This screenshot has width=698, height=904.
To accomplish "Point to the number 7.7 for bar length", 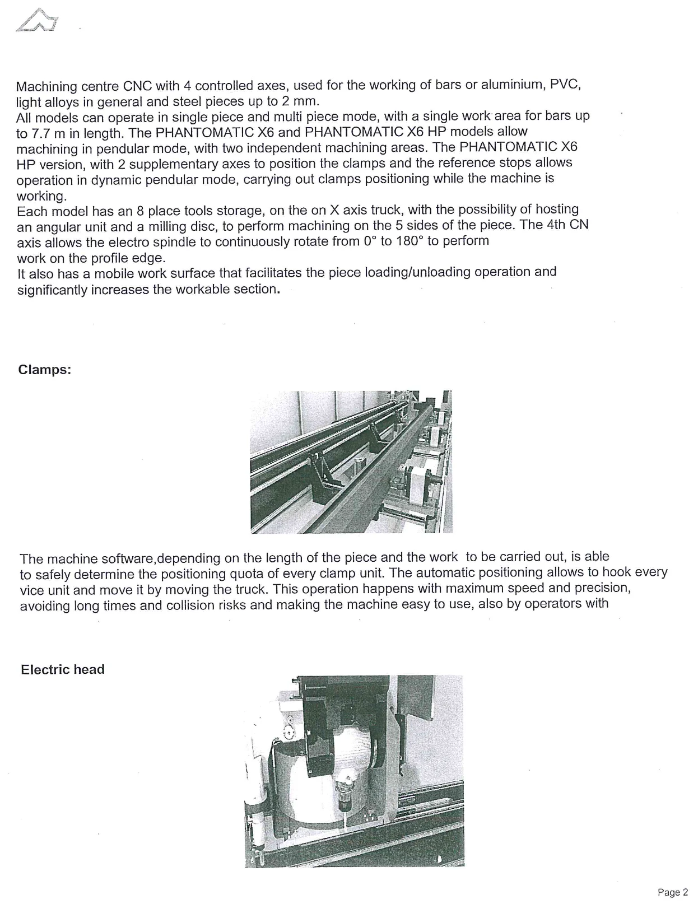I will [x=41, y=133].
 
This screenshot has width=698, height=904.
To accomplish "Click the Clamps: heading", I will [x=45, y=370].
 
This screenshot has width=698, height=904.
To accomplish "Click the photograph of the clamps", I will [x=351, y=462].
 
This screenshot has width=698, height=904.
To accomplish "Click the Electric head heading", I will [x=63, y=669].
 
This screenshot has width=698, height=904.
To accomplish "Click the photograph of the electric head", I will [x=354, y=771].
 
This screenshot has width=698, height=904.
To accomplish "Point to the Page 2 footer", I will [x=672, y=892].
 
